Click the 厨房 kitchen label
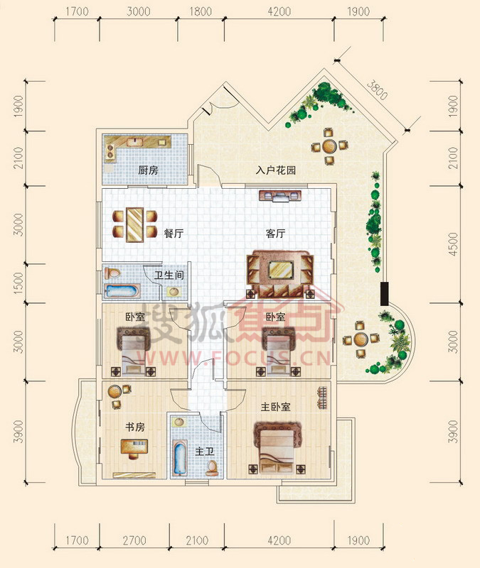click(x=148, y=170)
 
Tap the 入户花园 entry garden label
click(x=276, y=170)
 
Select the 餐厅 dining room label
click(x=174, y=234)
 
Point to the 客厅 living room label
click(x=275, y=234)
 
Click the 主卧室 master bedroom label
click(x=276, y=407)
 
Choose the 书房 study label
click(x=135, y=427)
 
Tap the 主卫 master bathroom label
click(x=204, y=452)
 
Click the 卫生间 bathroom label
click(x=169, y=275)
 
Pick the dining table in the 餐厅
click(x=134, y=224)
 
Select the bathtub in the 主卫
click(x=180, y=457)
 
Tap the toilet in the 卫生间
click(x=112, y=273)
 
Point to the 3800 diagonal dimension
click(x=377, y=90)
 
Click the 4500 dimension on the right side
click(x=453, y=244)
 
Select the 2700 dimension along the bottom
click(x=134, y=540)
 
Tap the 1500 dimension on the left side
click(x=18, y=283)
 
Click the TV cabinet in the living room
click(x=279, y=197)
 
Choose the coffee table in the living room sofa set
click(x=281, y=270)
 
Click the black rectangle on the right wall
click(x=384, y=294)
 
